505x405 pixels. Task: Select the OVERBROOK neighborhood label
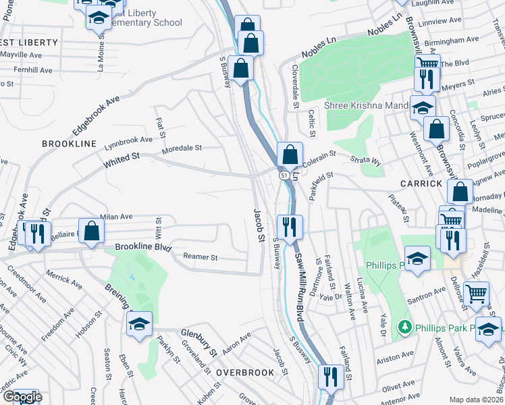pos(245,372)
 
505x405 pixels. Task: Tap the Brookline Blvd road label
pos(144,248)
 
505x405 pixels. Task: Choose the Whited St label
pos(122,160)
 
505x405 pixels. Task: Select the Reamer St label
pos(201,257)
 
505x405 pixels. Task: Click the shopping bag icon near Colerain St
pos(290,155)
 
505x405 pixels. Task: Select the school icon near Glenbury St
pos(139,323)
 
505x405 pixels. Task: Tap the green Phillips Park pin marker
pos(405,327)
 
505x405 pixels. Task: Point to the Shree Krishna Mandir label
pos(367,105)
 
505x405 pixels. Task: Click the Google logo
pos(22,397)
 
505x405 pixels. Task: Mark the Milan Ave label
pos(117,217)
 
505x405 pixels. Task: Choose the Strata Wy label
pos(365,161)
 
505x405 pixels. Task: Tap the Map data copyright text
pos(477,399)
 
